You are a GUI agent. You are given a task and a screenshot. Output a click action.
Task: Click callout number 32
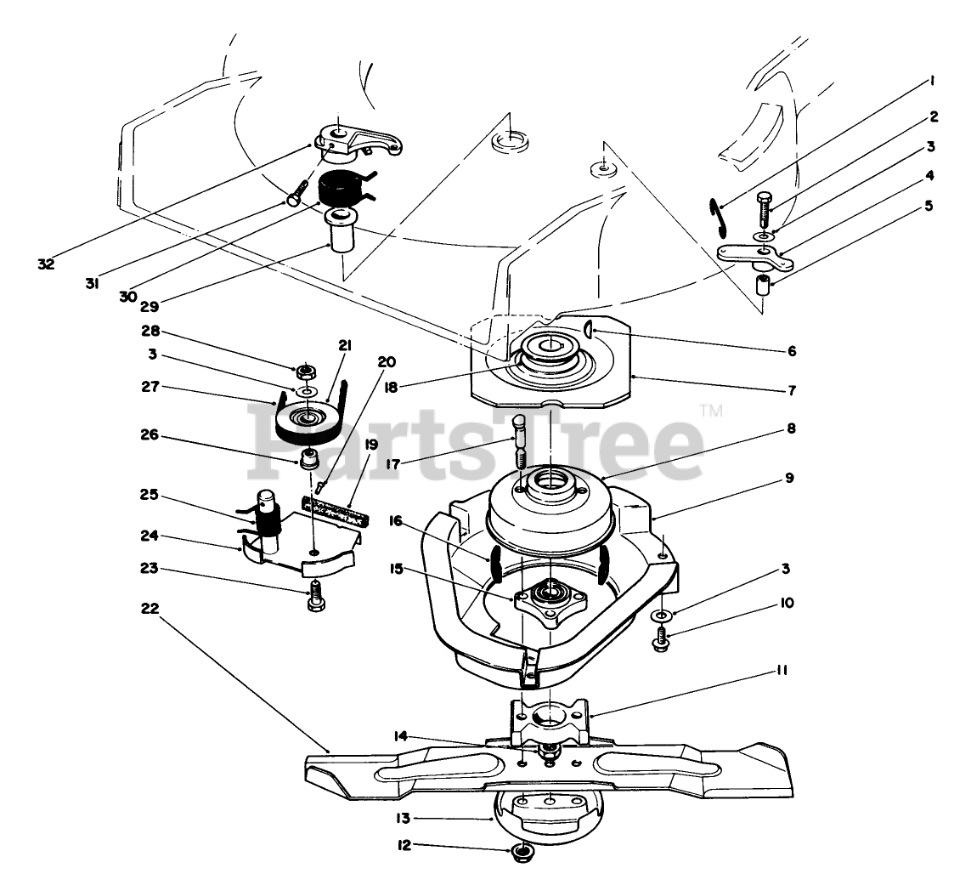(x=46, y=264)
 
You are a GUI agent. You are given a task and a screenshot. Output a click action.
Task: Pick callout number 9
(x=789, y=478)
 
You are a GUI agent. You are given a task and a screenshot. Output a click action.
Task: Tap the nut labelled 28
(x=304, y=371)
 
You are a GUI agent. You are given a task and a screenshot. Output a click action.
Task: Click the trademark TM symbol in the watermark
(x=710, y=413)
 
